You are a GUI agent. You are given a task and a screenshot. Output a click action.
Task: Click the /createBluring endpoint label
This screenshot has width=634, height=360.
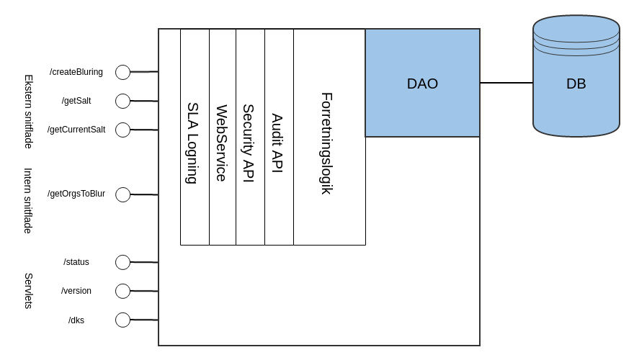76,72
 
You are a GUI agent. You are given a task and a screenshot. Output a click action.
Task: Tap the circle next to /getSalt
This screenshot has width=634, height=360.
122,101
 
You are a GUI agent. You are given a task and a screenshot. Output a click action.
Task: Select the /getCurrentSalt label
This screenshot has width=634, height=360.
76,130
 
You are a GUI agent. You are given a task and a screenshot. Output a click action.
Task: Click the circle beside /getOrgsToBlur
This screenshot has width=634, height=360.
122,194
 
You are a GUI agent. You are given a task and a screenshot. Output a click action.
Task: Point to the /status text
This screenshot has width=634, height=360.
76,262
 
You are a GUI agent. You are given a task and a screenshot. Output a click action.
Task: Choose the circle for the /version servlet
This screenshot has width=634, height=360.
122,291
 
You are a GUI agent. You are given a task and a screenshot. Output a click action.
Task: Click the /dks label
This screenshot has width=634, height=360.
76,320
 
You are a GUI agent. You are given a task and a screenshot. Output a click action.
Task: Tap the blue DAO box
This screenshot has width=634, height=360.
422,84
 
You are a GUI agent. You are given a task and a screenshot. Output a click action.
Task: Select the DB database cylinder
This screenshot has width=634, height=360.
576,79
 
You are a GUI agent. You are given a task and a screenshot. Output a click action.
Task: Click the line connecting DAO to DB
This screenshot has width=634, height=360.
506,83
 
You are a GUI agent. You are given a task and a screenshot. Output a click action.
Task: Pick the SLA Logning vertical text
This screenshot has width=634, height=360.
192,143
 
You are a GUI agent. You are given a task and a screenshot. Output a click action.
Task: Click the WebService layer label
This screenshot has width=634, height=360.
222,143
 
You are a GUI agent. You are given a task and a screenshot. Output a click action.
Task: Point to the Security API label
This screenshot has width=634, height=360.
249,143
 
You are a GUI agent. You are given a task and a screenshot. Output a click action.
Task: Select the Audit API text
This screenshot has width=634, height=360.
277,143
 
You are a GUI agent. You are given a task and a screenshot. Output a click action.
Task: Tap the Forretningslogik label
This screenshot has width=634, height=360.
327,143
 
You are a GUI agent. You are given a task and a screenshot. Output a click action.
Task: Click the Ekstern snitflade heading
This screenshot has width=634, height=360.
29,112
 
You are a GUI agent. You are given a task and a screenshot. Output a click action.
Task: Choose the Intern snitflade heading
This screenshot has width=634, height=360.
29,200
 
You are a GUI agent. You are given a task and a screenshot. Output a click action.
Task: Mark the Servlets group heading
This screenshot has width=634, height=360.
29,291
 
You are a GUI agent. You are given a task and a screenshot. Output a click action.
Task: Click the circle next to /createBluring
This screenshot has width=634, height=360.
122,72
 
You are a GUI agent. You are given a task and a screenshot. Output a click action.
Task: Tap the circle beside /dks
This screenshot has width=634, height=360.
122,320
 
